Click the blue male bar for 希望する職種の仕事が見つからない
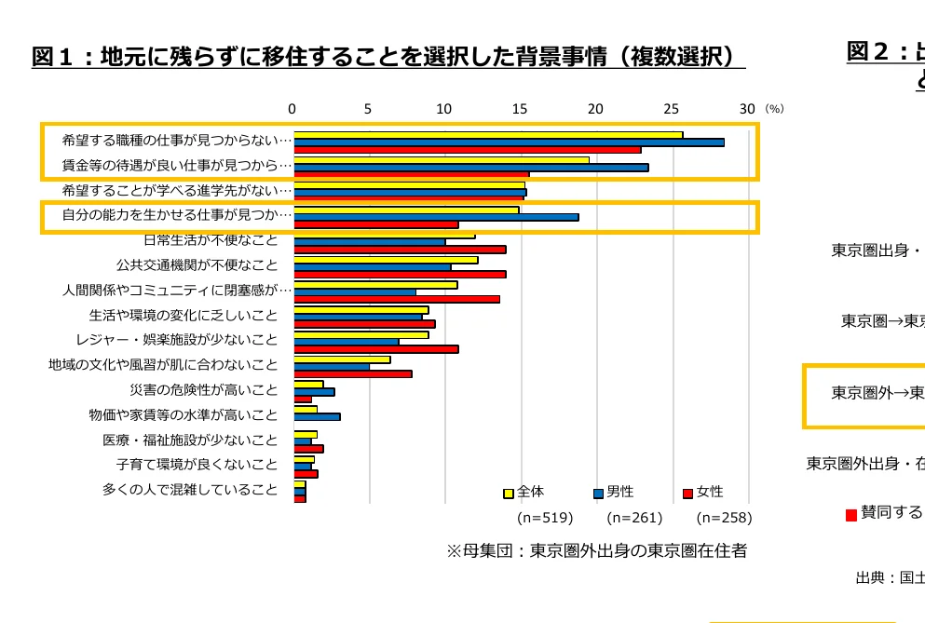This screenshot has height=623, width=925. click(x=509, y=142)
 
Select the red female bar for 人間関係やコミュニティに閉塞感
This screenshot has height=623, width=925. click(x=397, y=299)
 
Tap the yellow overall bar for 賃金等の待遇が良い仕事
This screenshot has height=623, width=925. click(x=442, y=159)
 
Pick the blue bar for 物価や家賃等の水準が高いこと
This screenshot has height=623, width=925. click(x=317, y=416)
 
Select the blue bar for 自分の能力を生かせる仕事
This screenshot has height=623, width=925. click(x=436, y=217)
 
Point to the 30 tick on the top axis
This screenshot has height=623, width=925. click(x=746, y=109)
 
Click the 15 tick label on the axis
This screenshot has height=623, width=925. click(x=520, y=109)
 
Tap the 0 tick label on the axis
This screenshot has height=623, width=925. click(x=292, y=109)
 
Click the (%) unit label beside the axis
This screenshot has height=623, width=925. click(x=774, y=109)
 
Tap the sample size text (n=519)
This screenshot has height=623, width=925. click(x=544, y=518)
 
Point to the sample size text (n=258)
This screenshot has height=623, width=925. click(x=724, y=518)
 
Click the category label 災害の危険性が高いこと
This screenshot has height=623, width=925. click(x=203, y=390)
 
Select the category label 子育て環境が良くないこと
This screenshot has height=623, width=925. click(x=197, y=464)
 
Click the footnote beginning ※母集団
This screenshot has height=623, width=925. click(x=596, y=550)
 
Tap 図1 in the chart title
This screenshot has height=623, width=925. click(x=58, y=57)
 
